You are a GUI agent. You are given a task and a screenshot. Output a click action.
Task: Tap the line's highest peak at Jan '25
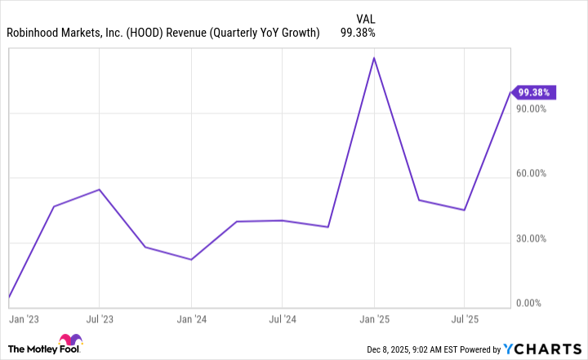[374, 58]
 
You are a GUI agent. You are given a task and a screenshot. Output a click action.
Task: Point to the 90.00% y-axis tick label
[533, 109]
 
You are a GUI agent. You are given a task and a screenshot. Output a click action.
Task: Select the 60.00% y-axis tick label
[533, 174]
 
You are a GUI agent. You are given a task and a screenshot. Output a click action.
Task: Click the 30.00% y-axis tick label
[533, 238]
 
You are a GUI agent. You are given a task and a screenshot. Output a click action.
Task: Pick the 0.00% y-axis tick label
[535, 303]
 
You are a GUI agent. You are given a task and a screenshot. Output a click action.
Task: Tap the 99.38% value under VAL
[356, 33]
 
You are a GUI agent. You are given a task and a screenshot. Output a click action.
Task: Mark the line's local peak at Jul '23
[99, 189]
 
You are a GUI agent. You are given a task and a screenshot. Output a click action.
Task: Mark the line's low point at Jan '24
[191, 260]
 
